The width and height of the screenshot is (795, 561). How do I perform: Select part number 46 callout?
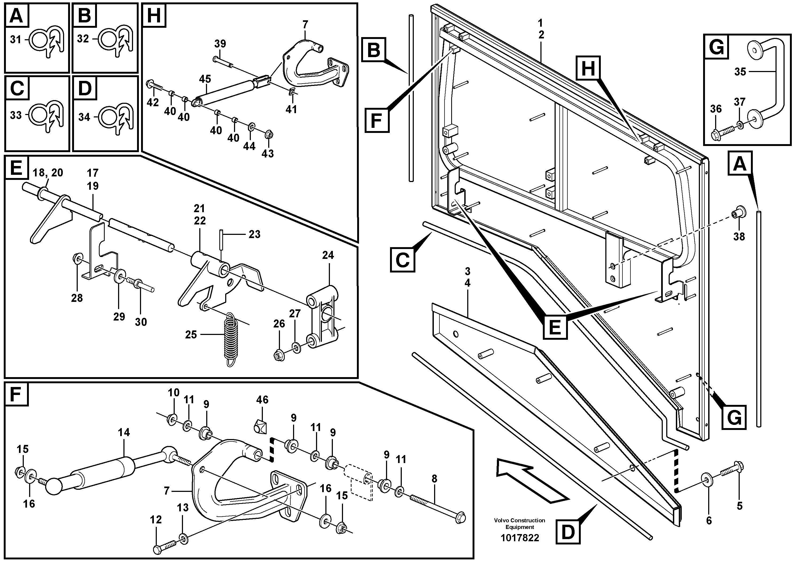[262, 400]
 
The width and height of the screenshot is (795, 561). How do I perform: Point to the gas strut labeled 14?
[104, 470]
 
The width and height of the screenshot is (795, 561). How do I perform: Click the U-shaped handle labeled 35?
[774, 73]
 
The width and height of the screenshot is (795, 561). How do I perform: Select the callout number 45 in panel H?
[205, 79]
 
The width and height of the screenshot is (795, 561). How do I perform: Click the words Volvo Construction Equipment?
[519, 524]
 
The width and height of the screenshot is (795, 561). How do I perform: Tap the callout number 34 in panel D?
[84, 117]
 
